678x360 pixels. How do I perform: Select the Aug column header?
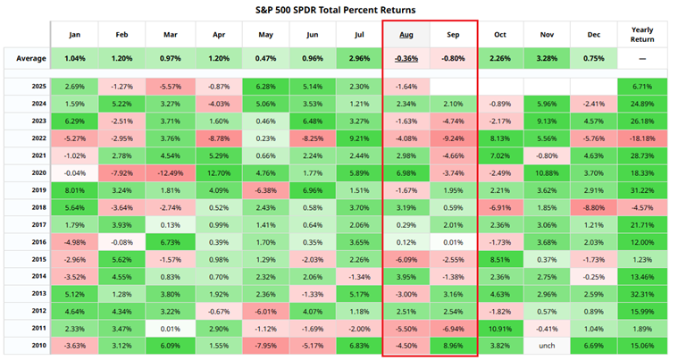pos(406,35)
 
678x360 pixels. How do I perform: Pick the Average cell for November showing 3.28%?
pos(548,59)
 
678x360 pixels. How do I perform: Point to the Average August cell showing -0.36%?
pos(406,59)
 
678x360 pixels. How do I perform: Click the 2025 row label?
pos(26,87)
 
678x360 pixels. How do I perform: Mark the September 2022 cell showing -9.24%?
pos(453,138)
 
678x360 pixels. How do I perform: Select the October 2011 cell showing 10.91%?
pos(500,328)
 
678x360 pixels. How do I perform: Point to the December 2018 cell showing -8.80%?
pos(595,207)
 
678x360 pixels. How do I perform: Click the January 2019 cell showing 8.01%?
pos(74,190)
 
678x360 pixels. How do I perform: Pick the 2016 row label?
pos(26,241)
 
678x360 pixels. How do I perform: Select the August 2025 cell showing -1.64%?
pos(406,87)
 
